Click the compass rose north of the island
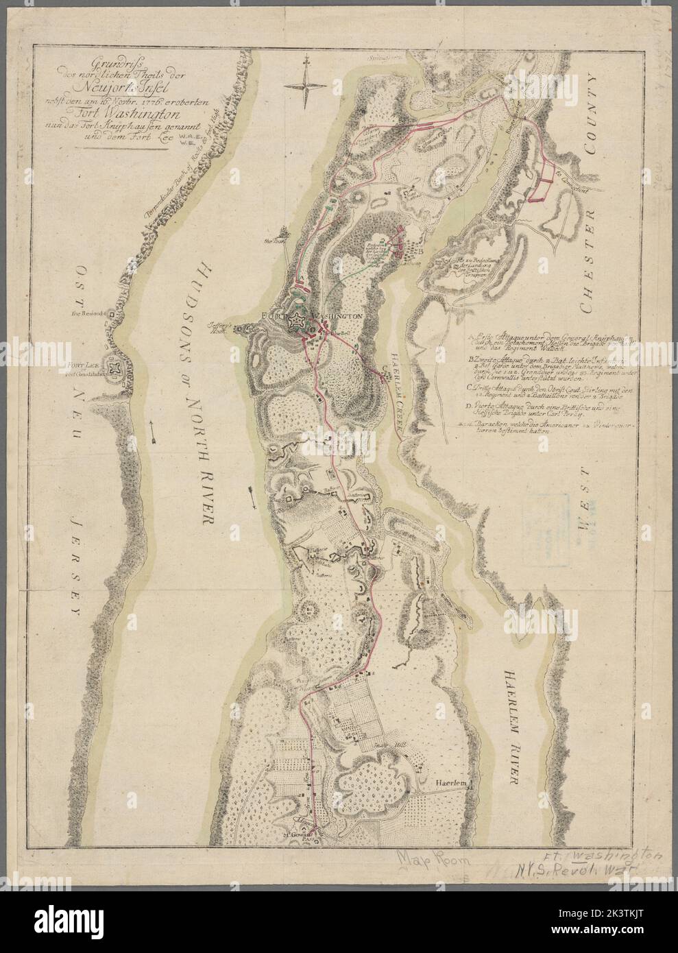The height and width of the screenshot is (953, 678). click(x=305, y=85)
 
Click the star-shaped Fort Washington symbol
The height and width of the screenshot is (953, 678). click(x=300, y=321)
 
